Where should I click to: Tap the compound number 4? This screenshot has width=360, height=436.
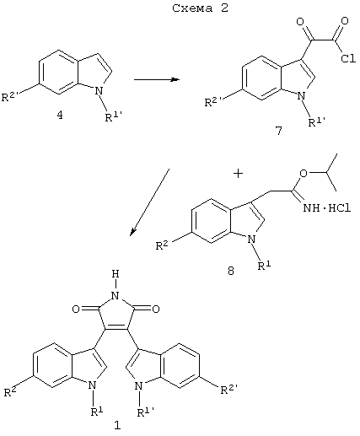[60, 115]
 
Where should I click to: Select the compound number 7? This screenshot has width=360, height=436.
[278, 131]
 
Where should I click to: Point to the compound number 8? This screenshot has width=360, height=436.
[231, 271]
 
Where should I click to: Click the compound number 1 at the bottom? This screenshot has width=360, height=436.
[117, 425]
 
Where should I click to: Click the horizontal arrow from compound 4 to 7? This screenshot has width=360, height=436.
[157, 79]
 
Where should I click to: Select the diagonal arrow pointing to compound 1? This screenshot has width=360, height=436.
[149, 202]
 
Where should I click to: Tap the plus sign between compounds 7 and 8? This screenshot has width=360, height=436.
[238, 174]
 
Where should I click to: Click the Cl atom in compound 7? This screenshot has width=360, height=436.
[348, 59]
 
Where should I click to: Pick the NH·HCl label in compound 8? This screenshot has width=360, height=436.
[327, 208]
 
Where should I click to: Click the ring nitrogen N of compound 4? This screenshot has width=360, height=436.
[98, 90]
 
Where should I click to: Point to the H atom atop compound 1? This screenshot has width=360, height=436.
[116, 274]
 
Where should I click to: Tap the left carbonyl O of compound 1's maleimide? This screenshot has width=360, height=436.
[76, 310]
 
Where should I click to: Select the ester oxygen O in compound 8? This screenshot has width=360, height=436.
[304, 173]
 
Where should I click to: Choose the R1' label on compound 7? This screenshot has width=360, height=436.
[317, 121]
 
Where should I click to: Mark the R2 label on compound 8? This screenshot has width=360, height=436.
[162, 245]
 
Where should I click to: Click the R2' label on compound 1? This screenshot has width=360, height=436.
[229, 390]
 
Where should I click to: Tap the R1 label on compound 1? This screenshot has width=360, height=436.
[96, 412]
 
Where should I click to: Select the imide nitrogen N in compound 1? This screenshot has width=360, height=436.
[116, 295]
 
